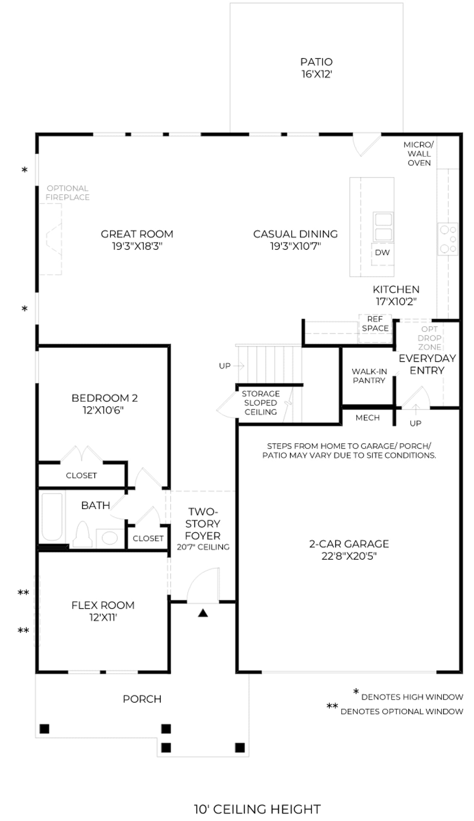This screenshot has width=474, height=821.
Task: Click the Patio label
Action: pyautogui.click(x=316, y=62)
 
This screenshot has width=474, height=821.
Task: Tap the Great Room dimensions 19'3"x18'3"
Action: pyautogui.click(x=137, y=246)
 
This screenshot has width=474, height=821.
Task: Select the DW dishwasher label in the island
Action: pyautogui.click(x=382, y=253)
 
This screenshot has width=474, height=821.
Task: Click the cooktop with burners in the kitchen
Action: pyautogui.click(x=448, y=239)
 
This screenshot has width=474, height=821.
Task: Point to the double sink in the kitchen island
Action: pyautogui.click(x=383, y=226)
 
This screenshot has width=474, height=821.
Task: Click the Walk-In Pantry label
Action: pyautogui.click(x=369, y=376)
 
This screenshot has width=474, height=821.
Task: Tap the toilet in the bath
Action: pyautogui.click(x=83, y=534)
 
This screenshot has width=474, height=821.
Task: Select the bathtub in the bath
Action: pyautogui.click(x=52, y=517)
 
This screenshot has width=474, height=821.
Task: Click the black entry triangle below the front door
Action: pyautogui.click(x=203, y=613)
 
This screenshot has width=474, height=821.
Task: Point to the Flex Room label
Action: pyautogui.click(x=103, y=605)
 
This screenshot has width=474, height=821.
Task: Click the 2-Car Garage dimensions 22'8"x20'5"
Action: pyautogui.click(x=349, y=556)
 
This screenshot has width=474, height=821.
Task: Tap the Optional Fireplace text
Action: pyautogui.click(x=68, y=193)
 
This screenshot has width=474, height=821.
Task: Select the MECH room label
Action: pyautogui.click(x=367, y=418)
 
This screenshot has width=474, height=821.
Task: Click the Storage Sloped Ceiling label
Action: pyautogui.click(x=261, y=403)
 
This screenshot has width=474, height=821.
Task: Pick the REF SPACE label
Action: pyautogui.click(x=375, y=324)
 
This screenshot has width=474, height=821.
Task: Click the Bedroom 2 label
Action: pyautogui.click(x=105, y=398)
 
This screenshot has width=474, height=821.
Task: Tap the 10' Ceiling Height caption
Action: pyautogui.click(x=257, y=809)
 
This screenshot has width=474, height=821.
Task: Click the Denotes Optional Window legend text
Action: pyautogui.click(x=402, y=711)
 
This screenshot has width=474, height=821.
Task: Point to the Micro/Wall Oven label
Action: pyautogui.click(x=419, y=154)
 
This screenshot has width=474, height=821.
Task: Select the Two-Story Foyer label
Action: pyautogui.click(x=203, y=524)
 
